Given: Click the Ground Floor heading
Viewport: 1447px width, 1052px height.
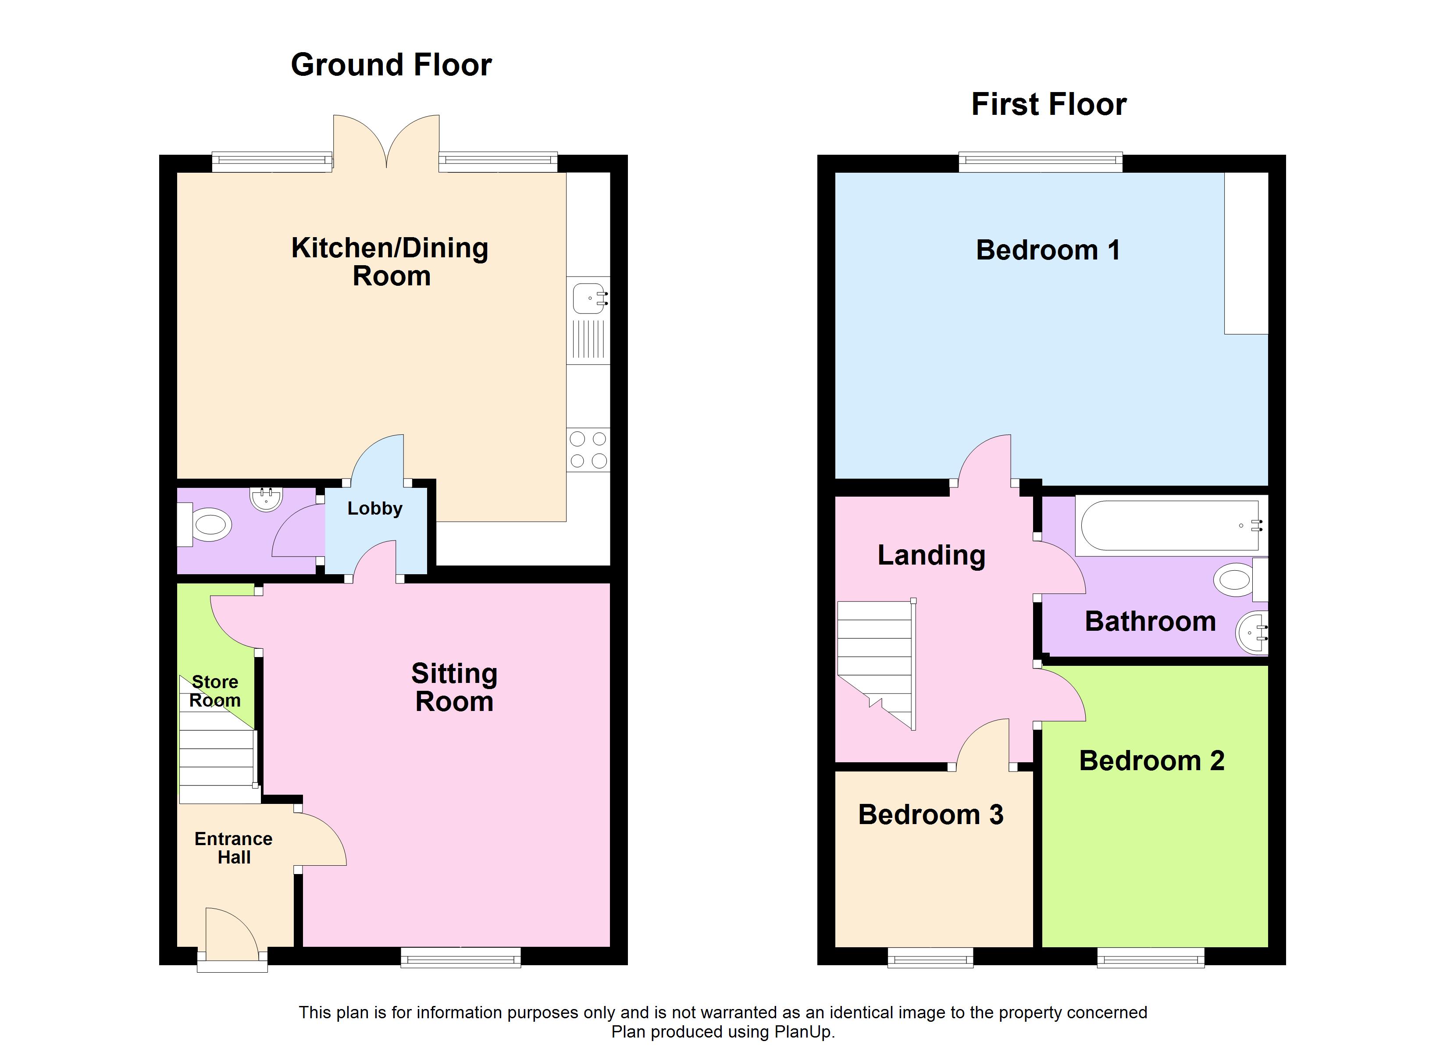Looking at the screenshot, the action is [391, 65].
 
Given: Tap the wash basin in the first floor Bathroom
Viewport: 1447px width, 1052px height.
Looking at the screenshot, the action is [1252, 633].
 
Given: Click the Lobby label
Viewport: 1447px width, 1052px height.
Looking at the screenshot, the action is [375, 508].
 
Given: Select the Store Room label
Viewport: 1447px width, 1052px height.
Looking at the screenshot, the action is [215, 691].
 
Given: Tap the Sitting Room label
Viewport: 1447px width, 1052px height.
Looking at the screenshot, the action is [454, 688].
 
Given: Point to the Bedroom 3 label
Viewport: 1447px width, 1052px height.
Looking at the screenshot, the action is [931, 815].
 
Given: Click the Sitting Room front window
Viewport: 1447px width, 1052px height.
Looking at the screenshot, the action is [461, 957].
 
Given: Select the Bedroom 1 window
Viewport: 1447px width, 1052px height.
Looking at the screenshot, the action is [1041, 162].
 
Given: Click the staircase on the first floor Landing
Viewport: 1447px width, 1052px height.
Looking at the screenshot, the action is [877, 664].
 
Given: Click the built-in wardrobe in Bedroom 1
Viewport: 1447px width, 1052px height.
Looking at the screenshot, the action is [1246, 253].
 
